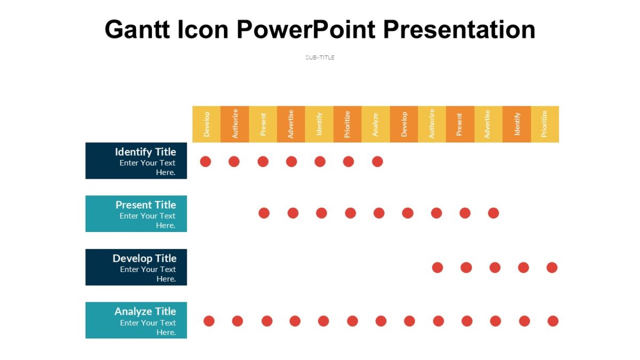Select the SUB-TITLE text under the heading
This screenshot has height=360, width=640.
(320, 58)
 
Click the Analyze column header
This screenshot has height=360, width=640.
(375, 124)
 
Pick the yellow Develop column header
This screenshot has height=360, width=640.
(206, 124)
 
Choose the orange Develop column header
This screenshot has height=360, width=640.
(404, 124)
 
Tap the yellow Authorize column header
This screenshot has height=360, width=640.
(432, 124)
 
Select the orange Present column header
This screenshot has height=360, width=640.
(460, 124)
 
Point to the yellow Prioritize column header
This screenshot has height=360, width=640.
(545, 124)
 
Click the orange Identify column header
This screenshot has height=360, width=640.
(516, 124)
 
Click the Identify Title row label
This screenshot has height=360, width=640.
(136, 161)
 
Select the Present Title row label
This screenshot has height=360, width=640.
(136, 214)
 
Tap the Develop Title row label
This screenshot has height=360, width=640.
(136, 267)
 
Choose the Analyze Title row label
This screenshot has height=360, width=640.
(136, 321)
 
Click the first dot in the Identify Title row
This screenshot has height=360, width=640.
(205, 162)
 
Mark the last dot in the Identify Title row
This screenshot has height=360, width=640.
(377, 162)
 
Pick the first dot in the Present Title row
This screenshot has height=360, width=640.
(264, 213)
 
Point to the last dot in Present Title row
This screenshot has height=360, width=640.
(493, 213)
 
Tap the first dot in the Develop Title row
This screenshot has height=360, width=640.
(437, 268)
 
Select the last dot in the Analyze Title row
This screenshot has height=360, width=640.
(553, 321)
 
